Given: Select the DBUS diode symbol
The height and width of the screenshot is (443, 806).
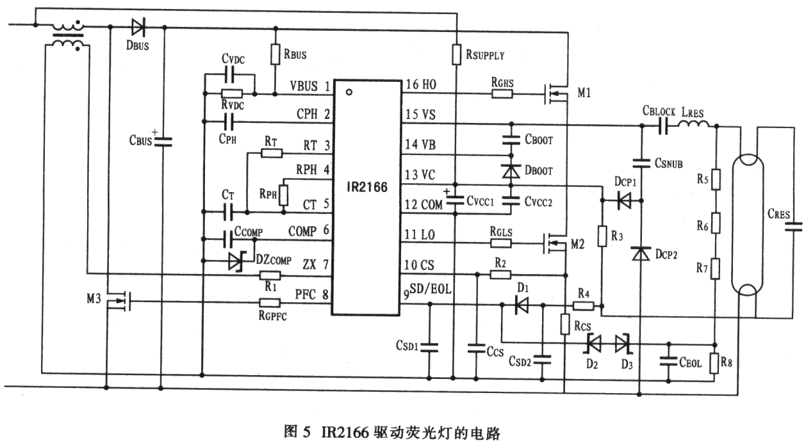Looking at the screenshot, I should (138, 26).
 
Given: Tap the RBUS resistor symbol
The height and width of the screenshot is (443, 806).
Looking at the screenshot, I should (276, 54).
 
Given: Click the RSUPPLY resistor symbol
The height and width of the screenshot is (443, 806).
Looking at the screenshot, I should (455, 54).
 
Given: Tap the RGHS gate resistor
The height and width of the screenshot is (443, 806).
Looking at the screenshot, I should (502, 93).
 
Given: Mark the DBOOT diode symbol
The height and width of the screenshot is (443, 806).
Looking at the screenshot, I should (511, 171).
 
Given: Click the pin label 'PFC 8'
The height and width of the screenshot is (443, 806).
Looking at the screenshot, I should (313, 295).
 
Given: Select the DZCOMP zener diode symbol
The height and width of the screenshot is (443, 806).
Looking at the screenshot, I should (236, 261).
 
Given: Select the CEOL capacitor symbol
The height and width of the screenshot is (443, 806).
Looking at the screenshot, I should (670, 362).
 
